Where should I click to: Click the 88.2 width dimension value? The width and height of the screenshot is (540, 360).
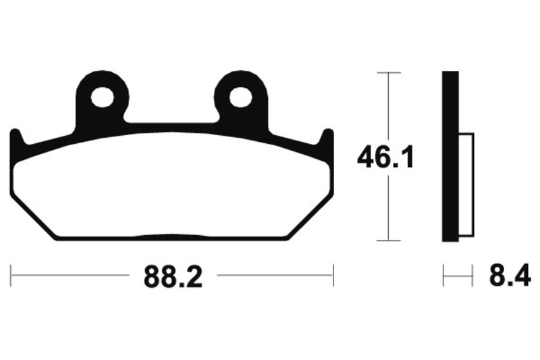point(173,277)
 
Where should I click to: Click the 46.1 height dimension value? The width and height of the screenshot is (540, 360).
point(385,157)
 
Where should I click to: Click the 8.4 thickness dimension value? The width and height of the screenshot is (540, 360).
point(510,275)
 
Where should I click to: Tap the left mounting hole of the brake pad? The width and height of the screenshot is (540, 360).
point(103,97)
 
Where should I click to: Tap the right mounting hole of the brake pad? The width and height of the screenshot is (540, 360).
point(241,97)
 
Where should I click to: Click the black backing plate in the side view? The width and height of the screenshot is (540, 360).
point(450,157)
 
